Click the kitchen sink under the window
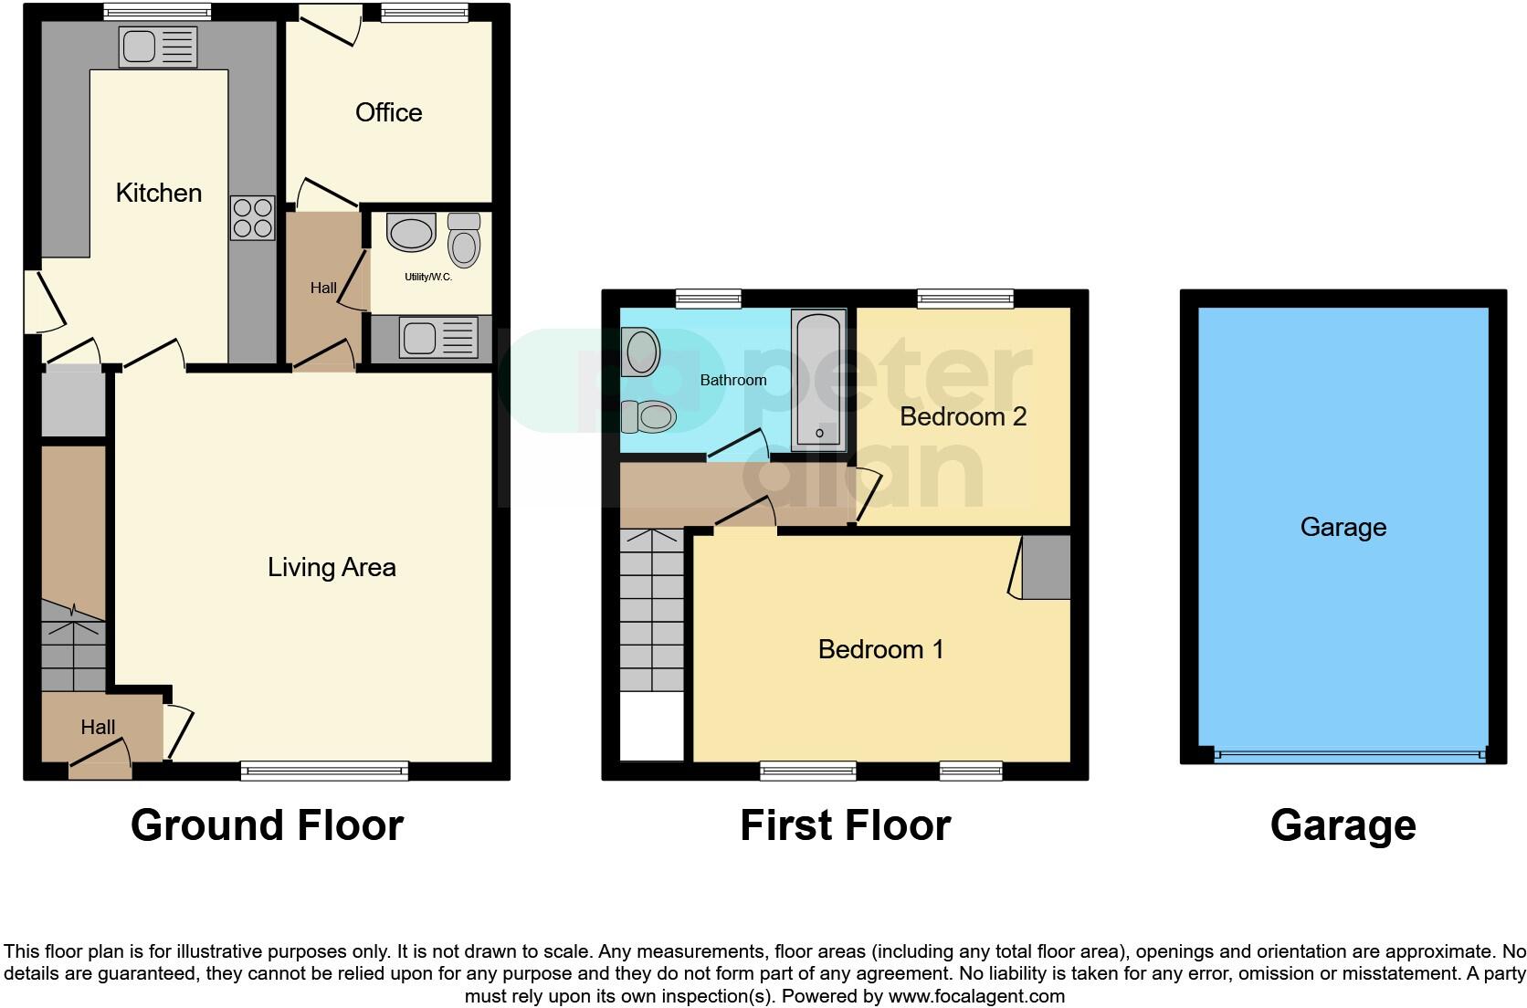click(x=158, y=47)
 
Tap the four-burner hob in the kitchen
click(x=253, y=218)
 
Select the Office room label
click(x=388, y=112)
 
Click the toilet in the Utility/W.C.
click(x=464, y=240)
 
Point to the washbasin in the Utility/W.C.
click(x=411, y=233)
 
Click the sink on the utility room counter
click(x=437, y=338)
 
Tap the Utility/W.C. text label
click(x=428, y=277)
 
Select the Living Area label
click(x=332, y=567)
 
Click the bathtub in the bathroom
click(x=818, y=381)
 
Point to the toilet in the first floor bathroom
click(x=648, y=416)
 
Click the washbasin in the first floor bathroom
click(x=641, y=352)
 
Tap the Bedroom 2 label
click(x=964, y=416)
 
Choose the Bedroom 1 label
click(x=880, y=649)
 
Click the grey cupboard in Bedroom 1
click(x=1045, y=567)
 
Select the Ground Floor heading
click(x=268, y=825)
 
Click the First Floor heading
click(x=846, y=825)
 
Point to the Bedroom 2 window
click(x=965, y=299)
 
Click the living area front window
click(x=324, y=771)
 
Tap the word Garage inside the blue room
click(x=1343, y=528)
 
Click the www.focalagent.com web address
click(x=976, y=996)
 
